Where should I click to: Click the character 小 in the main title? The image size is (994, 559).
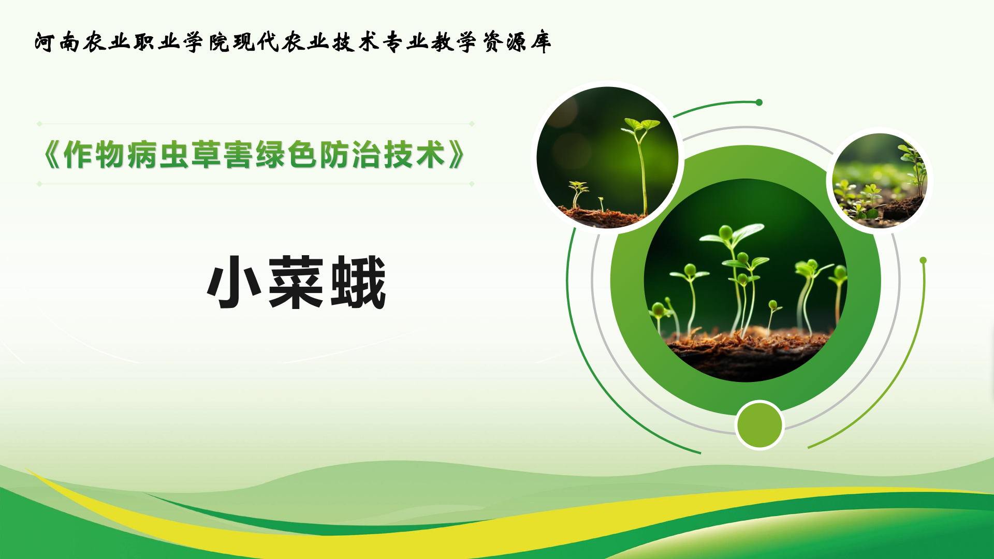click(x=234, y=283)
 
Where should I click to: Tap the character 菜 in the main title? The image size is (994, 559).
click(x=296, y=283)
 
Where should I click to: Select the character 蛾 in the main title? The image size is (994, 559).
click(x=358, y=283)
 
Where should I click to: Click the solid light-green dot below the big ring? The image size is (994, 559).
click(x=759, y=425)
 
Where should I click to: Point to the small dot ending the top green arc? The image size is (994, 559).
click(x=759, y=102)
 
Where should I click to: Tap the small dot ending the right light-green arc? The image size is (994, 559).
click(x=923, y=260)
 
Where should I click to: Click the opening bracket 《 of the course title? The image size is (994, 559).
click(x=52, y=155)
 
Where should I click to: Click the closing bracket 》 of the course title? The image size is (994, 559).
click(x=457, y=155)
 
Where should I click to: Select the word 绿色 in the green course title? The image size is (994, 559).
click(x=286, y=155)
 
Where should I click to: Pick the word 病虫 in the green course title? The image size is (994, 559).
click(x=158, y=155)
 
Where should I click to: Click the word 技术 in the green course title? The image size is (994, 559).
click(x=414, y=155)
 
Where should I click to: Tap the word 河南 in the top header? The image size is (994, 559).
click(x=57, y=42)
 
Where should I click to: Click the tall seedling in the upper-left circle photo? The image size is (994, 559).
click(x=641, y=166)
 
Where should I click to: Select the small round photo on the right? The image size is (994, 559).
click(x=880, y=181)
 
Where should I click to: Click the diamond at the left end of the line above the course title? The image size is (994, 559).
click(x=39, y=124)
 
